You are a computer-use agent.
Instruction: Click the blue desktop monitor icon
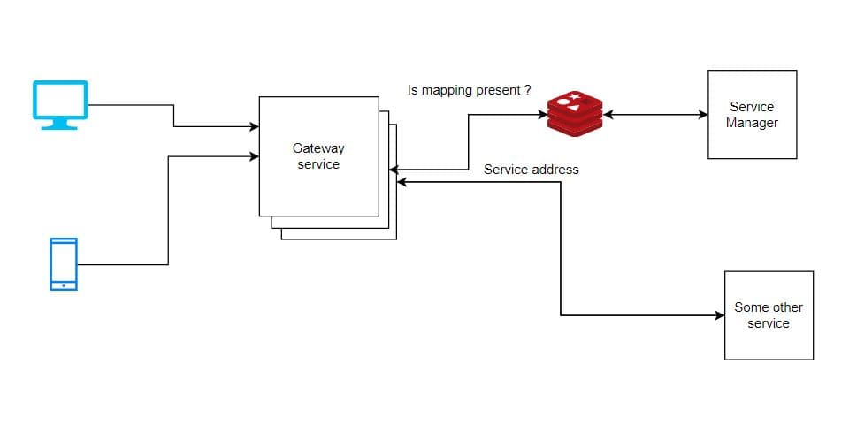point(60,102)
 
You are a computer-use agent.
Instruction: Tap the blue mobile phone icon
point(63,263)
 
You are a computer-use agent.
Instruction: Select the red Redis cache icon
point(574,113)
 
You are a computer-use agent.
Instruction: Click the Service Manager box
point(752,115)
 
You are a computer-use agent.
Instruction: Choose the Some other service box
point(768,315)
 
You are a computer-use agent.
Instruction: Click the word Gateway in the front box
point(318,148)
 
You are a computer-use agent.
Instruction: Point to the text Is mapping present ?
point(469,90)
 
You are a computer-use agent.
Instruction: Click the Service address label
point(531,170)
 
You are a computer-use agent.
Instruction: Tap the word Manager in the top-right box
point(752,123)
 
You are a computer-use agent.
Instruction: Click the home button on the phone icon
point(63,285)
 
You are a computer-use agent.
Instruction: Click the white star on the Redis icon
point(576,96)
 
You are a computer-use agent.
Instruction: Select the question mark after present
point(528,90)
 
